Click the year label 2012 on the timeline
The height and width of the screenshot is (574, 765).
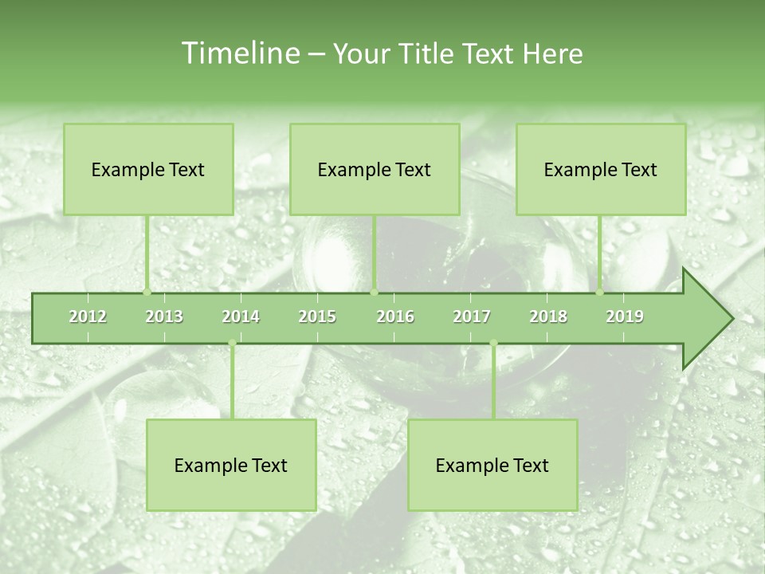point(88,316)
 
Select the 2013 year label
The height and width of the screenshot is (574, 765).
point(164,316)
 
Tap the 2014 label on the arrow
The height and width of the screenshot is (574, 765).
point(241,316)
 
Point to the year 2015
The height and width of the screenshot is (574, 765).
point(317,316)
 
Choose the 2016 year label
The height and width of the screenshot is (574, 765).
point(395,316)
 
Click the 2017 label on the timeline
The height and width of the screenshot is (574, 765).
point(472,316)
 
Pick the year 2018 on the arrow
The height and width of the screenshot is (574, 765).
point(548,316)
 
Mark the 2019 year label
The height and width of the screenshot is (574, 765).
point(625,316)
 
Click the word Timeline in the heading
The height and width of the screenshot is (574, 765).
point(239,53)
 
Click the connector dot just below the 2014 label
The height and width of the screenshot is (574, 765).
point(232,344)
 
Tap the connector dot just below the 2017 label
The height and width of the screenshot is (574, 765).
point(493,344)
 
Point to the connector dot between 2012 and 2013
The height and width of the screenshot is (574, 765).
point(147,292)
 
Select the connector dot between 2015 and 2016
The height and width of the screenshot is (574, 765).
point(374,292)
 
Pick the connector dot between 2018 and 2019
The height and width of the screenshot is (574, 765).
point(600,292)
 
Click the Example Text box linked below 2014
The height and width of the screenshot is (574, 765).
point(231,465)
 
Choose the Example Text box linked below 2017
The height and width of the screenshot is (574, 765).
point(492,465)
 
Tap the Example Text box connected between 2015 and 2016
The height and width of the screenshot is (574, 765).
point(375,169)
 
